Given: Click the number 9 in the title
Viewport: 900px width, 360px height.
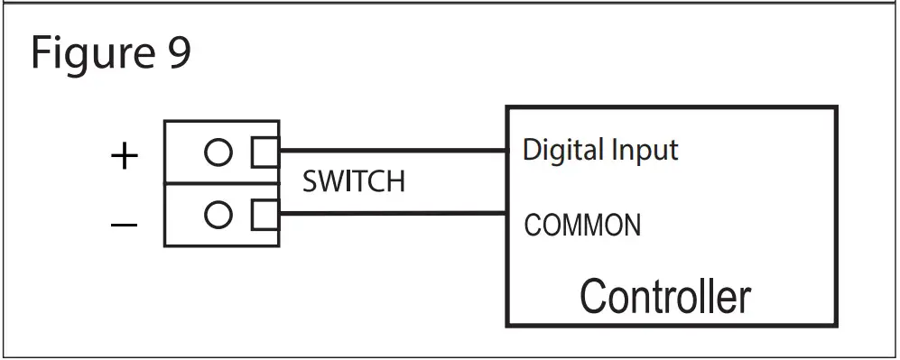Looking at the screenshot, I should (178, 53).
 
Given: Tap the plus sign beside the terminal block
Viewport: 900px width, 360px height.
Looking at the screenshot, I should (124, 157).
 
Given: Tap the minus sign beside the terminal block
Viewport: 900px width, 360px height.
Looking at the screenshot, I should (124, 223).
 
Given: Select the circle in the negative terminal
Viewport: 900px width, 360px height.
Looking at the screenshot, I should (218, 215).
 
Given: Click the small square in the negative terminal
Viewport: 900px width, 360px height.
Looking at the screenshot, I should (265, 214).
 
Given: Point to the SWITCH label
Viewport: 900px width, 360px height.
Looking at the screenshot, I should (353, 182).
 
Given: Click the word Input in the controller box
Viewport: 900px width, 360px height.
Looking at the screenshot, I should (645, 149).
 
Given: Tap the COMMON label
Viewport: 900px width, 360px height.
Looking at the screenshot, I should (582, 225).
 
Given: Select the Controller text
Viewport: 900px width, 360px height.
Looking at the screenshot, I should (664, 296).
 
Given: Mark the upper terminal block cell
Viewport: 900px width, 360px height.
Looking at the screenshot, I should (221, 152).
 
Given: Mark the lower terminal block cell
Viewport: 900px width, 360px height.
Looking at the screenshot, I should (221, 215).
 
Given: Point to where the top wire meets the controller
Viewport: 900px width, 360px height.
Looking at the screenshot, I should (506, 151).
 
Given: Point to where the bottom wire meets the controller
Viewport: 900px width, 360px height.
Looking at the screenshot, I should (506, 213).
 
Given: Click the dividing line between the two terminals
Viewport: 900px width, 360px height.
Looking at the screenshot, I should (221, 184).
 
